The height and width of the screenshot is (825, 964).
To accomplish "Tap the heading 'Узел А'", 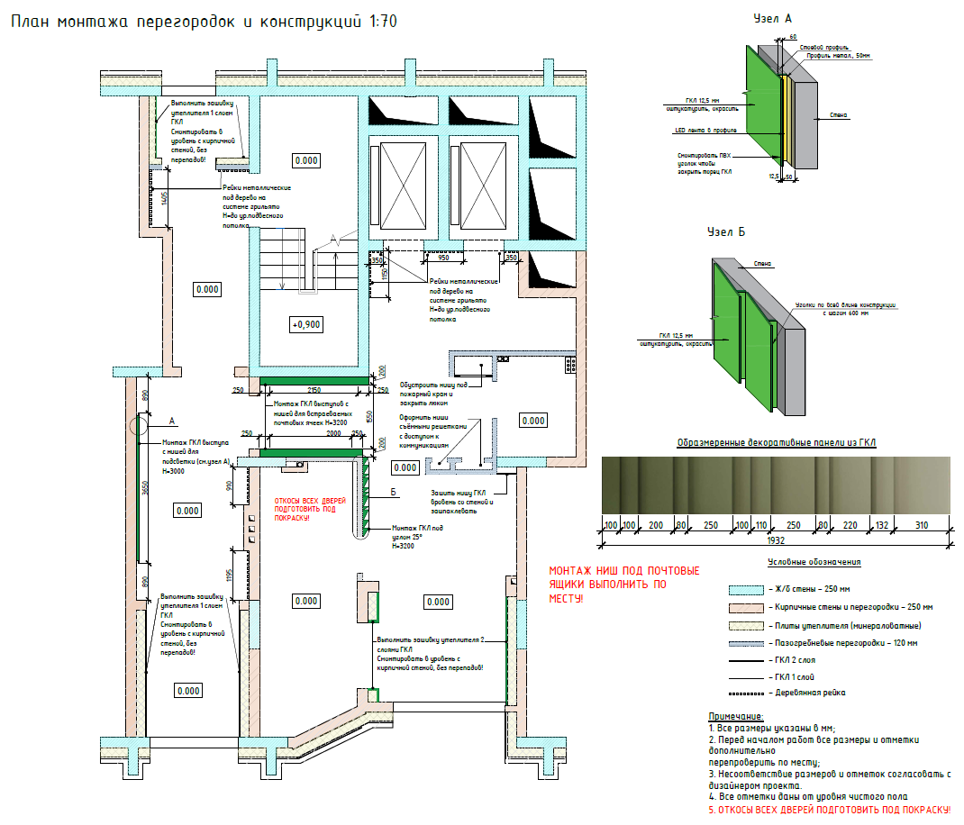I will coord(774,18).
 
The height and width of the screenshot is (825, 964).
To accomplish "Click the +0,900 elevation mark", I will coord(306,324).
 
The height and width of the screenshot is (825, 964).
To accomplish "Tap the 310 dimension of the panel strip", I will coord(920,524).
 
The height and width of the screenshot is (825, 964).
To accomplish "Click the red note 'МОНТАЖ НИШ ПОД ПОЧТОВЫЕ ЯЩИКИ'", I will coord(623,585).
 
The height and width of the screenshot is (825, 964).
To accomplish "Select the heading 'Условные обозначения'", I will coord(814,562).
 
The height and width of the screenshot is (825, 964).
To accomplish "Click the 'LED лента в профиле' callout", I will coord(706,130).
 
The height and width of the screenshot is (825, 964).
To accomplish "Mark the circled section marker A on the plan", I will coord(137,425).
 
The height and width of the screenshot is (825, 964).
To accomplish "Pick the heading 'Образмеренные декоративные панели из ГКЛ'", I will coord(776,442).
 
